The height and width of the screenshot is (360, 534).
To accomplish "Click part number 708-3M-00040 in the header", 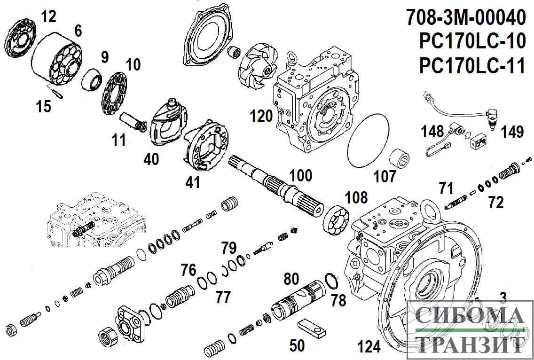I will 465,18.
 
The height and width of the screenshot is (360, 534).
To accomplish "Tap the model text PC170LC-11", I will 472,65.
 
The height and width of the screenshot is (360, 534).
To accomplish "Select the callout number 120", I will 261,116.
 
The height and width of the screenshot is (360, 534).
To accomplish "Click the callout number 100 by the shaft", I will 300,175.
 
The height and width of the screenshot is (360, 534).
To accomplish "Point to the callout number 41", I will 193,182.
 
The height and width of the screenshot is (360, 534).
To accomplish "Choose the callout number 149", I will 511,133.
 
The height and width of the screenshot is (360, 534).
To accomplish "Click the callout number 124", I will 369,347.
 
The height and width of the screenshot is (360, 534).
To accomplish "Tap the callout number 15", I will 43,107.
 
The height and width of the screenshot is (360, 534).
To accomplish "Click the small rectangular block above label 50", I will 312,329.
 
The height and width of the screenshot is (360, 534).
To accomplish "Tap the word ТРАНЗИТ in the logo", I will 470,344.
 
